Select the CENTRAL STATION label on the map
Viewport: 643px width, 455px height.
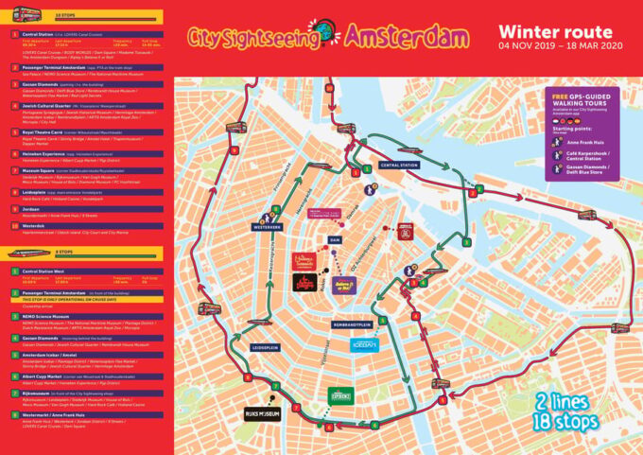coord(398,165)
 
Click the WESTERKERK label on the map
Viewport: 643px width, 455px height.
coord(269,227)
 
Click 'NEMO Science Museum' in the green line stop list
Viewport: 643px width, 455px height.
coord(45,316)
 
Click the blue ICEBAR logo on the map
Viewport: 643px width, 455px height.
coord(364,346)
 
